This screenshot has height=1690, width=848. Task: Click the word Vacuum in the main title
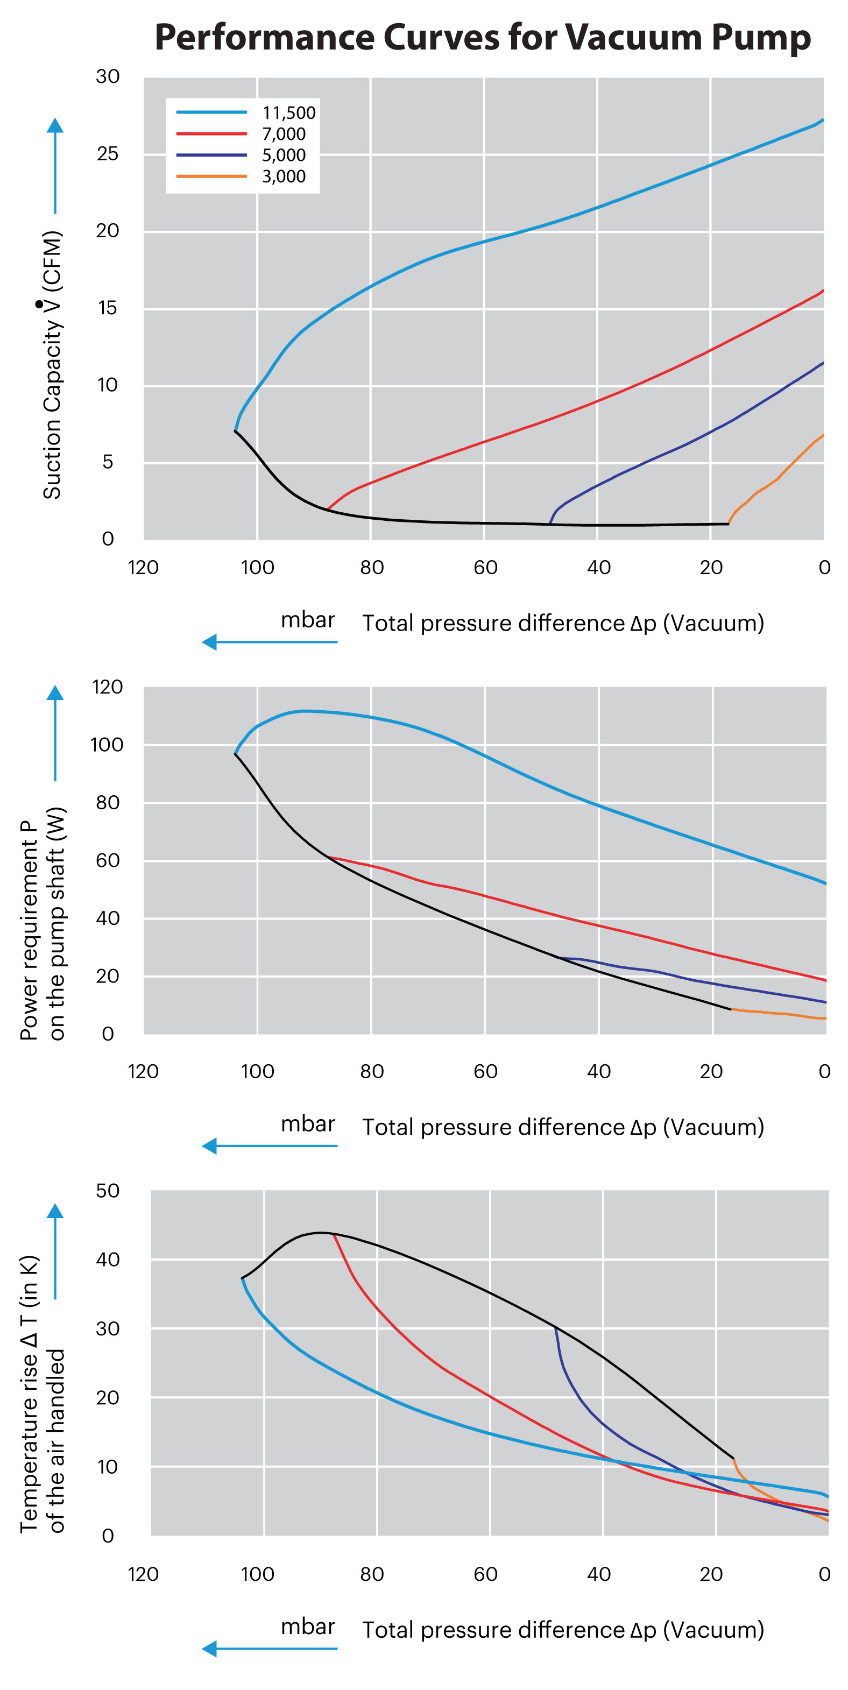coord(633,38)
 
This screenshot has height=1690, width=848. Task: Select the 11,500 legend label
coord(288,113)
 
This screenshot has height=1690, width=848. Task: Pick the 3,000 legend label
coord(284,176)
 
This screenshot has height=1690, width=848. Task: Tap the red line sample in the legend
coord(211,134)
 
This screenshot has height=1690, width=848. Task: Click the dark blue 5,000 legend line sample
coord(211,155)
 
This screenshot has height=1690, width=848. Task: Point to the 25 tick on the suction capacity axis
coord(108,154)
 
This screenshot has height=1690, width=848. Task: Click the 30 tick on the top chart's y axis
coord(108,77)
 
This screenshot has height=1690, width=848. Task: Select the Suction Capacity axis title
coord(53,365)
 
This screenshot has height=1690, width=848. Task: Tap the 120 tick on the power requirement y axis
coord(108,687)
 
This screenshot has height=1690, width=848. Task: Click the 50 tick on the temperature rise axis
coord(108,1191)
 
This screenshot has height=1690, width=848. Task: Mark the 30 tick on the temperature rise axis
coord(108,1328)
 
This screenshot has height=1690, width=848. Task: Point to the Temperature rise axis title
coord(43,1394)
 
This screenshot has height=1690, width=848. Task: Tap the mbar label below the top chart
coord(308,620)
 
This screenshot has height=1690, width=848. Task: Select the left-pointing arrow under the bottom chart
coord(270,1649)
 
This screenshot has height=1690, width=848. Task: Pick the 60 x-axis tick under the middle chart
coord(485,1071)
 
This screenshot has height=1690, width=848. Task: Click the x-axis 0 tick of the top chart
coord(824,568)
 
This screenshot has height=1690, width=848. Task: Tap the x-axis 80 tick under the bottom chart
coord(372,1574)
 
